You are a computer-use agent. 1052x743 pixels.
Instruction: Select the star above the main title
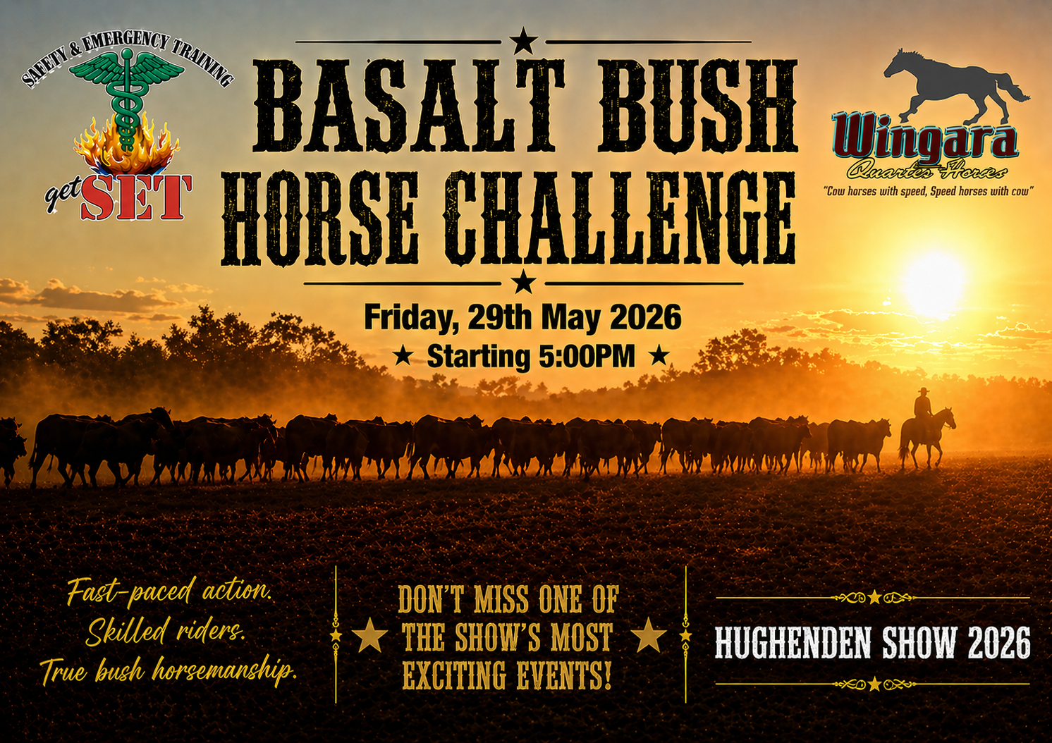524,41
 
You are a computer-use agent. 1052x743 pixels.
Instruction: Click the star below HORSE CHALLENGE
523,282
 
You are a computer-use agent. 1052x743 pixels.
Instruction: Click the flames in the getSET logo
127,147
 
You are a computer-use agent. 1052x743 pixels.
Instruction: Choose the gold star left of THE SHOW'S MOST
369,634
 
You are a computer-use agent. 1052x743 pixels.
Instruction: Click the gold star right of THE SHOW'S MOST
649,634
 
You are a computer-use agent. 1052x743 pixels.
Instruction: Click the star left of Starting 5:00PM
403,357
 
